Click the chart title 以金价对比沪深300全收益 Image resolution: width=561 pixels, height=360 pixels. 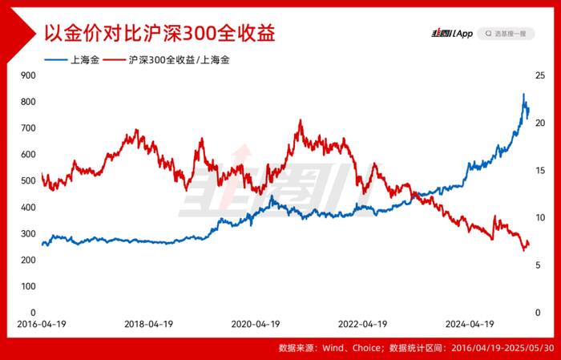click(x=159, y=34)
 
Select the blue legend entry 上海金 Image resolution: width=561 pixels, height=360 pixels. click(x=71, y=60)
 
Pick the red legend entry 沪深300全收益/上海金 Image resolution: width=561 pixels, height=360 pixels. click(x=167, y=60)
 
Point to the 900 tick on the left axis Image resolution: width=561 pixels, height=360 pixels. click(x=29, y=75)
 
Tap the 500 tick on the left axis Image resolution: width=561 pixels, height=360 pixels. click(x=29, y=180)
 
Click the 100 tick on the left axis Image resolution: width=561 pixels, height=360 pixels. click(x=29, y=286)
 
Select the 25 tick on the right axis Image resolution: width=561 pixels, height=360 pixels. click(x=540, y=75)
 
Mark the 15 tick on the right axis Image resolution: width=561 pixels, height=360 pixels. click(x=540, y=170)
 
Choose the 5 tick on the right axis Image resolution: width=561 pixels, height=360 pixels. click(x=538, y=265)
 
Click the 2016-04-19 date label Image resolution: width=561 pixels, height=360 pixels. click(x=42, y=324)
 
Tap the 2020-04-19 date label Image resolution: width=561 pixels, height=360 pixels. click(x=256, y=324)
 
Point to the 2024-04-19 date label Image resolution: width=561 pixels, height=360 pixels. click(x=470, y=324)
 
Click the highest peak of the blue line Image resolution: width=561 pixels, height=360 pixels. click(x=523, y=94)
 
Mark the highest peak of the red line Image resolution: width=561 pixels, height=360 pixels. click(x=301, y=120)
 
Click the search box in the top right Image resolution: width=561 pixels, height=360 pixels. click(x=506, y=34)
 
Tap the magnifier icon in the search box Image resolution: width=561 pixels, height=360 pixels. click(x=488, y=34)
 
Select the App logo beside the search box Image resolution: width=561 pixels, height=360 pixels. click(x=452, y=34)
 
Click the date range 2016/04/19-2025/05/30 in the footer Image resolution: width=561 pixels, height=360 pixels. click(x=502, y=348)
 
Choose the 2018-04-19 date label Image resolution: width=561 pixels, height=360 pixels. click(x=148, y=324)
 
